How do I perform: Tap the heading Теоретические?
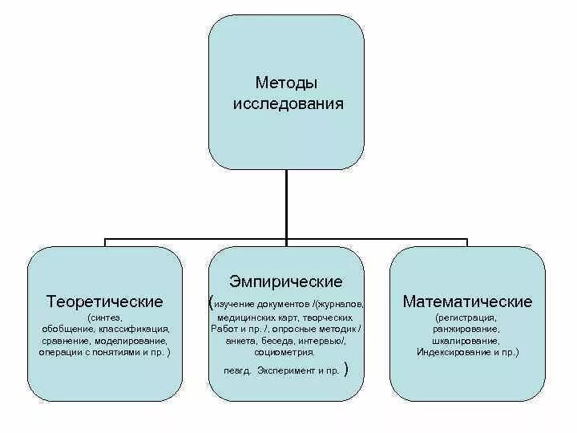coord(105,302)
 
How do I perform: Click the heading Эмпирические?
coord(286,281)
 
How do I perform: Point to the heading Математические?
coord(467,302)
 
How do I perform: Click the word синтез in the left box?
coord(107,318)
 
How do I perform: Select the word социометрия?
coord(286,351)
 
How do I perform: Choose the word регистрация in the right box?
coord(467,318)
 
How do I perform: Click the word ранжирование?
coord(467,329)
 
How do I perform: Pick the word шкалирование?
coord(467,340)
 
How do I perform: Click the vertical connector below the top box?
coord(286,204)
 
